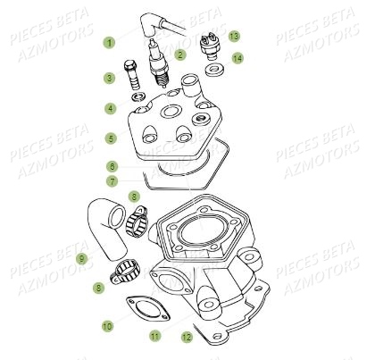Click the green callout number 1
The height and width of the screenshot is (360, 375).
(x=110, y=42)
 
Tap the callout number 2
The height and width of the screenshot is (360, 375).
(x=180, y=54)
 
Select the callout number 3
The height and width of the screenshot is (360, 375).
(x=110, y=78)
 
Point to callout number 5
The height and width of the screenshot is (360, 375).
(x=110, y=138)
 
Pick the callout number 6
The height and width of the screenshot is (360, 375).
(x=110, y=166)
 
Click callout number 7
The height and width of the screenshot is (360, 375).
(x=110, y=181)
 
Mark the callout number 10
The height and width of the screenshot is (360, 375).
(x=106, y=327)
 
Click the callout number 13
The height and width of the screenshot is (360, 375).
(x=234, y=36)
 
